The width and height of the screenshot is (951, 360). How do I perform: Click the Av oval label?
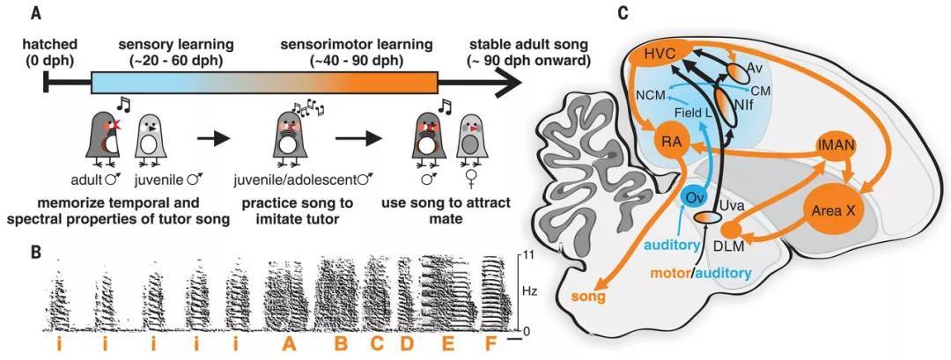click(x=756, y=67)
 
